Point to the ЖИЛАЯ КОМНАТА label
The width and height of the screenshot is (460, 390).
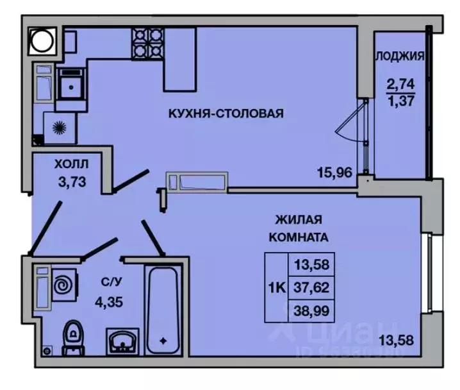tap(299, 228)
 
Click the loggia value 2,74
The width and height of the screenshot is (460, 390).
tap(400, 83)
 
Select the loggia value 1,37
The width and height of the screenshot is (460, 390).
tap(400, 100)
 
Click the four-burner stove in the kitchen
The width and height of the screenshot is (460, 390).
tap(147, 43)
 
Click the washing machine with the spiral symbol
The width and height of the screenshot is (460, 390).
tap(65, 285)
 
